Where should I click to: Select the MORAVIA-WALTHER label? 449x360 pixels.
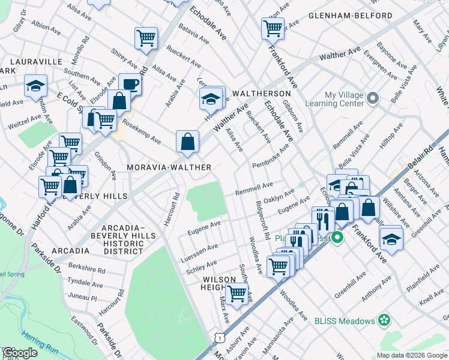pyautogui.click(x=169, y=167)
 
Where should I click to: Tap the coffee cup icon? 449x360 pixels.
pyautogui.click(x=130, y=83)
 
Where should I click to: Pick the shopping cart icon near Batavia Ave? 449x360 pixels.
pyautogui.click(x=146, y=37)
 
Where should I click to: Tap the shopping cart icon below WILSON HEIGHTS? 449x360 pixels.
pyautogui.click(x=238, y=293)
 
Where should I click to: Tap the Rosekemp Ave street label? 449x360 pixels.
pyautogui.click(x=142, y=131)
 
